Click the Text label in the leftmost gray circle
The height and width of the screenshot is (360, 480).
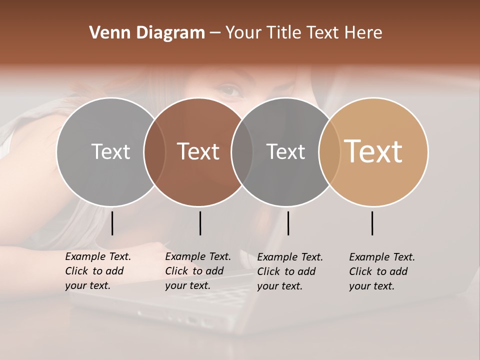click(110, 151)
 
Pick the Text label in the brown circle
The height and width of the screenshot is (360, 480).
click(198, 151)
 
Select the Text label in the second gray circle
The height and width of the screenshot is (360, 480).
click(285, 151)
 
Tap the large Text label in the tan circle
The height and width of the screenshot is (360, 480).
click(373, 151)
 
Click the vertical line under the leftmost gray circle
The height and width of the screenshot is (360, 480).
click(112, 223)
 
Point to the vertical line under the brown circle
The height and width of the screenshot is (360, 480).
click(200, 223)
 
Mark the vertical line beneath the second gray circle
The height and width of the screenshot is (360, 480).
click(288, 223)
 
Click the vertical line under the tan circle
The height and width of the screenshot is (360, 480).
click(372, 223)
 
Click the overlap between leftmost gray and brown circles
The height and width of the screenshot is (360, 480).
click(154, 151)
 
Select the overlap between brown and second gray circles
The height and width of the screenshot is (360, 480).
click(242, 151)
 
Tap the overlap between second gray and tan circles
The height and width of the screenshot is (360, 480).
click(329, 151)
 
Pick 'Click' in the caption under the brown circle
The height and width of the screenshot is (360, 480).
click(176, 271)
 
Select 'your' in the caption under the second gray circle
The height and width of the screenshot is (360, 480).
click(267, 286)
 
